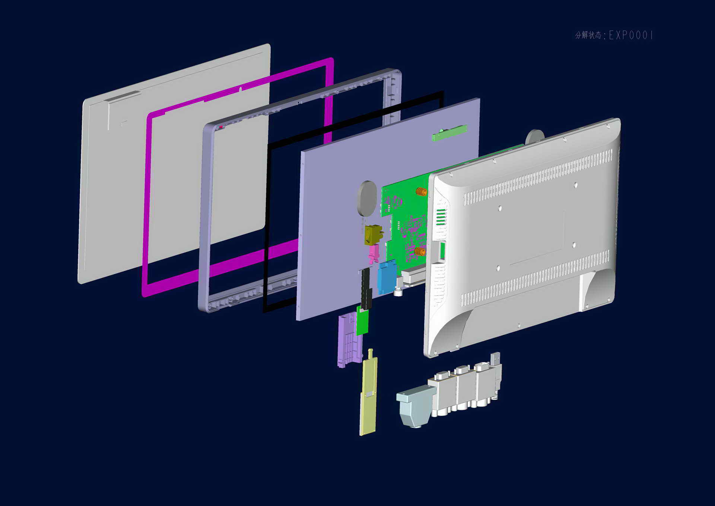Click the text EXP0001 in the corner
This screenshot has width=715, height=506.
pos(631,35)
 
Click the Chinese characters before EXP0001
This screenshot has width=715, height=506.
pos(588,35)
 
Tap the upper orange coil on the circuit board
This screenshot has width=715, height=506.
pos(421,192)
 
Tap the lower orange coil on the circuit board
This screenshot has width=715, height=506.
pos(420,252)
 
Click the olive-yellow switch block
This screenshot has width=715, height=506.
pos(374,235)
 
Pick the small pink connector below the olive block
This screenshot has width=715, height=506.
pos(374,254)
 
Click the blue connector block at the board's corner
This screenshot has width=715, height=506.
pos(387,276)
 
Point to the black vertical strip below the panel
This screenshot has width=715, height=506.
pos(366,289)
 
